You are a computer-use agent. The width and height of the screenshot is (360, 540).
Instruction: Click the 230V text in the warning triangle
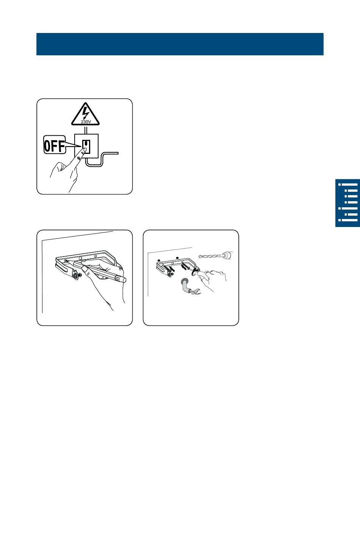[86, 122]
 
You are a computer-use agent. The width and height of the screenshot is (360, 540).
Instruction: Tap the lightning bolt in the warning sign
[85, 113]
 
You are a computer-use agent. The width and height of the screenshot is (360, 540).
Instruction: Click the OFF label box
[55, 145]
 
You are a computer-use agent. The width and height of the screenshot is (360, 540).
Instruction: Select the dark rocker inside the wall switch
[86, 144]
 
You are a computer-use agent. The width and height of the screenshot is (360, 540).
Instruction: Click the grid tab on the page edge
[347, 203]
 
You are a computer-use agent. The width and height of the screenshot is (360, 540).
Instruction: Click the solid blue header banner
[180, 44]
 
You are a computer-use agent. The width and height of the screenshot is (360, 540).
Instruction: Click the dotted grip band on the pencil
[118, 278]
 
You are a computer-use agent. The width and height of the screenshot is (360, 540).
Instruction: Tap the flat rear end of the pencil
[124, 280]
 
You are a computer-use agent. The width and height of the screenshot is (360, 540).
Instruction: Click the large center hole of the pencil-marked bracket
[80, 258]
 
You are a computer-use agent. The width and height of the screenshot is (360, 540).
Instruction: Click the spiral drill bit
[210, 256]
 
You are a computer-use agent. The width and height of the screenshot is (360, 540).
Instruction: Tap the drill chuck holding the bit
[227, 255]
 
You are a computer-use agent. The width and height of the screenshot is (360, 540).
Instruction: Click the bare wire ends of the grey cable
[196, 291]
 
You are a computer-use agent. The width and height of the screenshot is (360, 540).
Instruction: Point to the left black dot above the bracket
[159, 260]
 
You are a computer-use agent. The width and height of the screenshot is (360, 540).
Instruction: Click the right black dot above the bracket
[177, 258]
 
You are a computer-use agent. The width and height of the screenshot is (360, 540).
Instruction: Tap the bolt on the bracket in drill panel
[170, 274]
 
